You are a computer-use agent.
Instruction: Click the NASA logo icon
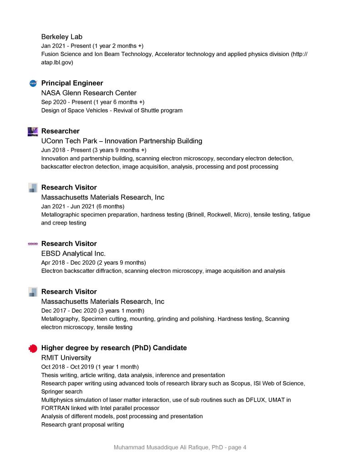pos(33,83)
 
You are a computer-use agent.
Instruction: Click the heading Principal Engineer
pos(72,83)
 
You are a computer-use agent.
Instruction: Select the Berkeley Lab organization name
pos(61,36)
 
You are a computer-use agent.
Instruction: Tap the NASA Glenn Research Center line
pos(89,93)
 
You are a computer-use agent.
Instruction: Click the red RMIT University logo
pos(33,348)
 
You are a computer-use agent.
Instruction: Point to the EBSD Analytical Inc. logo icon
pos(33,244)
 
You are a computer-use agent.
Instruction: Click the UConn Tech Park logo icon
pos(33,132)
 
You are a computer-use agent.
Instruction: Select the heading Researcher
pos(60,131)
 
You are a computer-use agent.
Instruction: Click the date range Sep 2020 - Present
pos(92,102)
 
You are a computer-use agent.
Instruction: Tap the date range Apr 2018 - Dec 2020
pos(93,262)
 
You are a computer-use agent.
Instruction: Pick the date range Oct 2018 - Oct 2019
pos(90,367)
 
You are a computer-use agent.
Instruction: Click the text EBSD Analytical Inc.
pos(73,253)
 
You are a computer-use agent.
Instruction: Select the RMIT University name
pos(66,358)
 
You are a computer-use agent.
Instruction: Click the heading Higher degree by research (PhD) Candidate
pos(114,348)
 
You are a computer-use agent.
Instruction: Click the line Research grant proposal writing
pos(82,425)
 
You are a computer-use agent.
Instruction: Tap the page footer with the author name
pos(180,447)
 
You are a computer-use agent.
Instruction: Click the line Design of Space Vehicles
pos(112,111)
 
